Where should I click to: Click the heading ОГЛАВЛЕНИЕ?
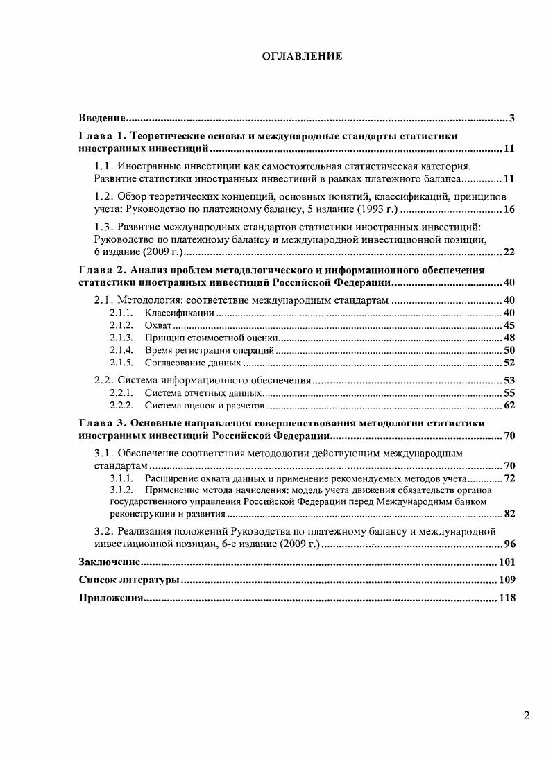(x=303, y=56)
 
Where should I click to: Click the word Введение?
(x=101, y=118)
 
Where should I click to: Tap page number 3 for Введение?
(x=511, y=118)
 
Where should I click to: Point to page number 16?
(x=508, y=209)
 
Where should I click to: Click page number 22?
(x=508, y=252)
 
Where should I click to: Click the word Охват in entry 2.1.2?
(x=158, y=326)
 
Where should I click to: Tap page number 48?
(x=508, y=338)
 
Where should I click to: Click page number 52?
(x=508, y=363)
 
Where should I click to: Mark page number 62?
(x=508, y=405)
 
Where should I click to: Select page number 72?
(x=508, y=478)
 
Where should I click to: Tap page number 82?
(x=508, y=514)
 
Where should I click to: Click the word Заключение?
(x=110, y=562)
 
